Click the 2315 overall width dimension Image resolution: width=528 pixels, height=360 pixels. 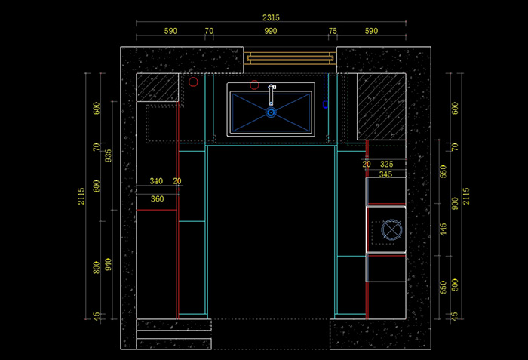(x=271, y=17)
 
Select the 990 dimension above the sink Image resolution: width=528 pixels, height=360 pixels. (x=271, y=32)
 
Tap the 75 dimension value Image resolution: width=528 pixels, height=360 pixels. (x=333, y=32)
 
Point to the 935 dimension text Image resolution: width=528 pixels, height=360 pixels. (x=108, y=155)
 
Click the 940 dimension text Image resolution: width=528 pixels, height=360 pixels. (x=108, y=265)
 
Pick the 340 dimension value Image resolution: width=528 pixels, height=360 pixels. (x=156, y=181)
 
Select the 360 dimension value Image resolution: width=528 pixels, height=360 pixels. (x=157, y=199)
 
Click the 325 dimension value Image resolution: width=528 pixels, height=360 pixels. (x=386, y=164)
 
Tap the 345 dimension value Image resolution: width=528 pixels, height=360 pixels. (x=385, y=174)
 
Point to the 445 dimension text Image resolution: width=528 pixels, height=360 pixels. (x=443, y=229)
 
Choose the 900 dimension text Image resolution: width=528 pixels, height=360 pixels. (x=454, y=204)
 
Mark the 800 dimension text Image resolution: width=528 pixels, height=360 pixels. (x=96, y=267)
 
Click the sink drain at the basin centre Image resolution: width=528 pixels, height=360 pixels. (x=271, y=112)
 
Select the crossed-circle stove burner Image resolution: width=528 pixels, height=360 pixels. (x=391, y=229)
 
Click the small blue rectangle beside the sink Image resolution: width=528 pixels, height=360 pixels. (x=325, y=105)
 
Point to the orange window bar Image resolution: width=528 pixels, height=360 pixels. (x=290, y=57)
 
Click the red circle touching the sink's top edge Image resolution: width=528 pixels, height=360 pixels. (x=254, y=85)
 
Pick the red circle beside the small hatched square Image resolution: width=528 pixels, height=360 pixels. (x=193, y=82)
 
